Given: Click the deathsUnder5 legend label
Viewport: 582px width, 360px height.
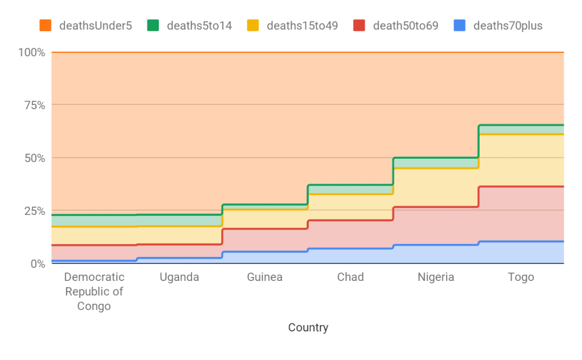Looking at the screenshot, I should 95,26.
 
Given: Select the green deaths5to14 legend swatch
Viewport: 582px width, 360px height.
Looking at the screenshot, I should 153,26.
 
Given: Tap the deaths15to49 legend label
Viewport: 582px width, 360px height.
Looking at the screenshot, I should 302,26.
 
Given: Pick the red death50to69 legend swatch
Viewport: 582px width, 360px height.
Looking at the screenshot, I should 359,26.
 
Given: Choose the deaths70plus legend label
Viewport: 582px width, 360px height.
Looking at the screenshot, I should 508,26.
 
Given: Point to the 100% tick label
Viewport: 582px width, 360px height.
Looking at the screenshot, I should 32,52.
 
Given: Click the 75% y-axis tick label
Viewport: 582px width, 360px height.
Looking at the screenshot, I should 34,105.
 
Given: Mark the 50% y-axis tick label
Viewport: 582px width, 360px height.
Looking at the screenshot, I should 34,158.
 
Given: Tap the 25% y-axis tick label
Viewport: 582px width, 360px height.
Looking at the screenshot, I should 34,211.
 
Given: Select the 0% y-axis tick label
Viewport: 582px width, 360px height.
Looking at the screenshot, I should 37,264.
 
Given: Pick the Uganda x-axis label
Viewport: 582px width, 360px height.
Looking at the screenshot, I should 179,278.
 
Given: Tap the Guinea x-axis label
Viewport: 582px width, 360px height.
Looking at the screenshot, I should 265,278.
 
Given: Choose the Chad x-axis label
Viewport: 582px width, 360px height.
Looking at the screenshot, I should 350,278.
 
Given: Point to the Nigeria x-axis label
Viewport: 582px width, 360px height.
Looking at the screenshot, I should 436,278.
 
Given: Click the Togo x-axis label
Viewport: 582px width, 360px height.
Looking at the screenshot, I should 521,278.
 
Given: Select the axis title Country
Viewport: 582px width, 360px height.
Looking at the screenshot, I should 308,328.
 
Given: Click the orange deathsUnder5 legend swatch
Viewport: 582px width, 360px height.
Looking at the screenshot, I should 46,26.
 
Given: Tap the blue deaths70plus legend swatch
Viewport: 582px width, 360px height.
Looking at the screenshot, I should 459,26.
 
